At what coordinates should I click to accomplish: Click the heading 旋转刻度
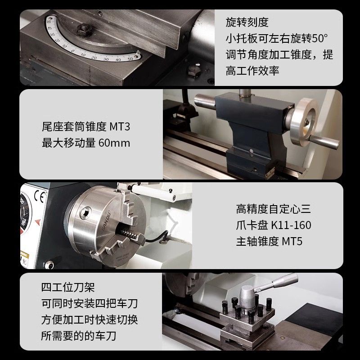(247, 22)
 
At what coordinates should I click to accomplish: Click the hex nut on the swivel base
(83, 30)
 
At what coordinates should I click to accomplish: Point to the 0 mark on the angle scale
(73, 51)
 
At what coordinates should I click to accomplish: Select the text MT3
(120, 126)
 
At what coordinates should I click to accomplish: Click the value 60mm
(114, 143)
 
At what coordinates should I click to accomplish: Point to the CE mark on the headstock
(39, 197)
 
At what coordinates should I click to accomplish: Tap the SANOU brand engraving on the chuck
(106, 220)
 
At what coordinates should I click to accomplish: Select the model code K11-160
(291, 225)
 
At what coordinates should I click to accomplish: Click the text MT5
(292, 241)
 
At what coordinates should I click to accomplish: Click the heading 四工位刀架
(68, 287)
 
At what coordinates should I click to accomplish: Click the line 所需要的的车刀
(78, 336)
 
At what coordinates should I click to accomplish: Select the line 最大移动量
(68, 143)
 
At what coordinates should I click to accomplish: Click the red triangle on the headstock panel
(38, 222)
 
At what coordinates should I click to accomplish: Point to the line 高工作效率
(252, 71)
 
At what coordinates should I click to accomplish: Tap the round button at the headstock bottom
(49, 265)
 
